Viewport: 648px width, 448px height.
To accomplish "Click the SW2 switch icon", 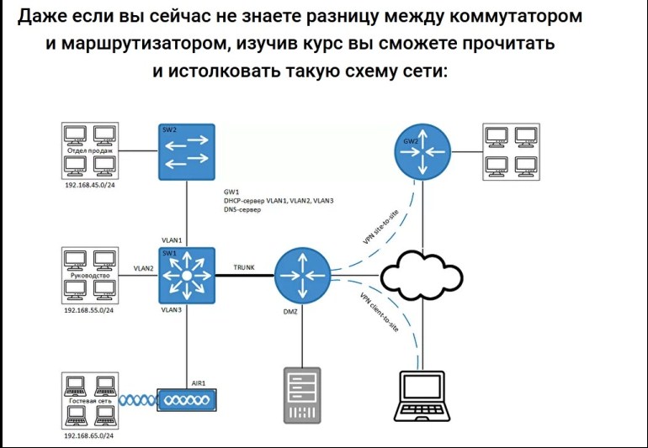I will (188, 151).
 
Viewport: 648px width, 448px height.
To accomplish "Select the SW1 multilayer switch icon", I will (188, 275).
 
